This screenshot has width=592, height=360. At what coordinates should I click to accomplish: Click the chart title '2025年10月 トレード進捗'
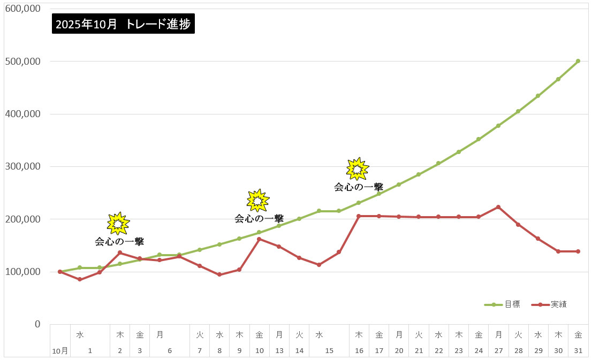(123, 24)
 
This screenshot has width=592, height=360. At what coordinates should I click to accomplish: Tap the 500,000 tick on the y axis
(22, 62)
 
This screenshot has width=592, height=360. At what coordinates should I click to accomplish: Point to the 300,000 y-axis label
(22, 166)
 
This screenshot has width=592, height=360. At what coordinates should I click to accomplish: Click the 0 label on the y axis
(37, 324)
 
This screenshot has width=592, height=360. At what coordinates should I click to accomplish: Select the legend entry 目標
(512, 304)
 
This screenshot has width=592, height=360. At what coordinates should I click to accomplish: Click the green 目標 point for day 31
(578, 61)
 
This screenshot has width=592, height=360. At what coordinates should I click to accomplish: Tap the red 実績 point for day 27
(498, 207)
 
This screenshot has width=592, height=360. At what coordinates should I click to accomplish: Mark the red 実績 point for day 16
(359, 216)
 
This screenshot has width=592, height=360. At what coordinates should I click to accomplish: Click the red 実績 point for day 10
(259, 239)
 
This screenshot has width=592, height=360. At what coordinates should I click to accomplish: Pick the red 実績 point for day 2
(119, 252)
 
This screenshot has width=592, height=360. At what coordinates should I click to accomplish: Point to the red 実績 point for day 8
(219, 274)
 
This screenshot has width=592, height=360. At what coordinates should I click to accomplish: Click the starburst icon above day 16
(358, 169)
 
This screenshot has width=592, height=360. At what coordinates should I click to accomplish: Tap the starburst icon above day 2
(118, 224)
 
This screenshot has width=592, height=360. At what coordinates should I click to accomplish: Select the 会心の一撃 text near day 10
(259, 218)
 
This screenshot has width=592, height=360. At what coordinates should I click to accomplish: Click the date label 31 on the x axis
(578, 351)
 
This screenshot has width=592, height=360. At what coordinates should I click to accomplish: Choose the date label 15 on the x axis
(329, 351)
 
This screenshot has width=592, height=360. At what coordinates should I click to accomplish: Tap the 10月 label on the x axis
(60, 351)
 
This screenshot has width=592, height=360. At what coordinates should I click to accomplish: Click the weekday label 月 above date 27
(498, 335)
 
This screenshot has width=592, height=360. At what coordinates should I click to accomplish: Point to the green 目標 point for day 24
(479, 139)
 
